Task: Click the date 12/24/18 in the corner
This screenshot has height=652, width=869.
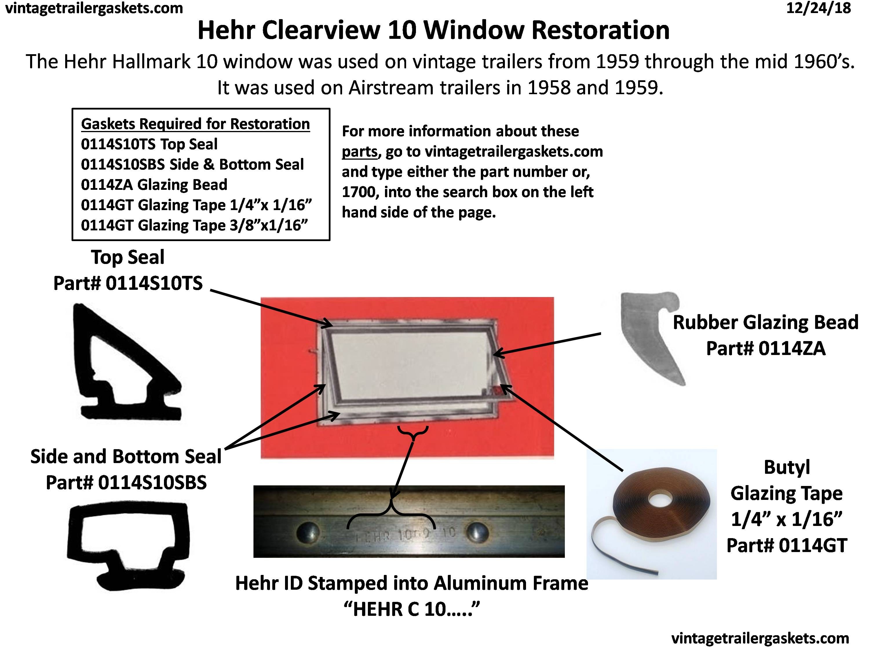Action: coord(818,8)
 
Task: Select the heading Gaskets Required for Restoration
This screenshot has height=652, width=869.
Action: coord(195,124)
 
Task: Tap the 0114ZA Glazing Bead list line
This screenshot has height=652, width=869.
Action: coord(154,185)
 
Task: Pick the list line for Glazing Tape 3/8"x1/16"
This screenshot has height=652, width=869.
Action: coord(194,225)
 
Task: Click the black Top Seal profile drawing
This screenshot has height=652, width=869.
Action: coord(122,364)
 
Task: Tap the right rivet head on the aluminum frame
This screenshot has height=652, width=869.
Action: coord(477,533)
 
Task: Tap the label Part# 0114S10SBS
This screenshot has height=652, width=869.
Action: coord(126,482)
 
